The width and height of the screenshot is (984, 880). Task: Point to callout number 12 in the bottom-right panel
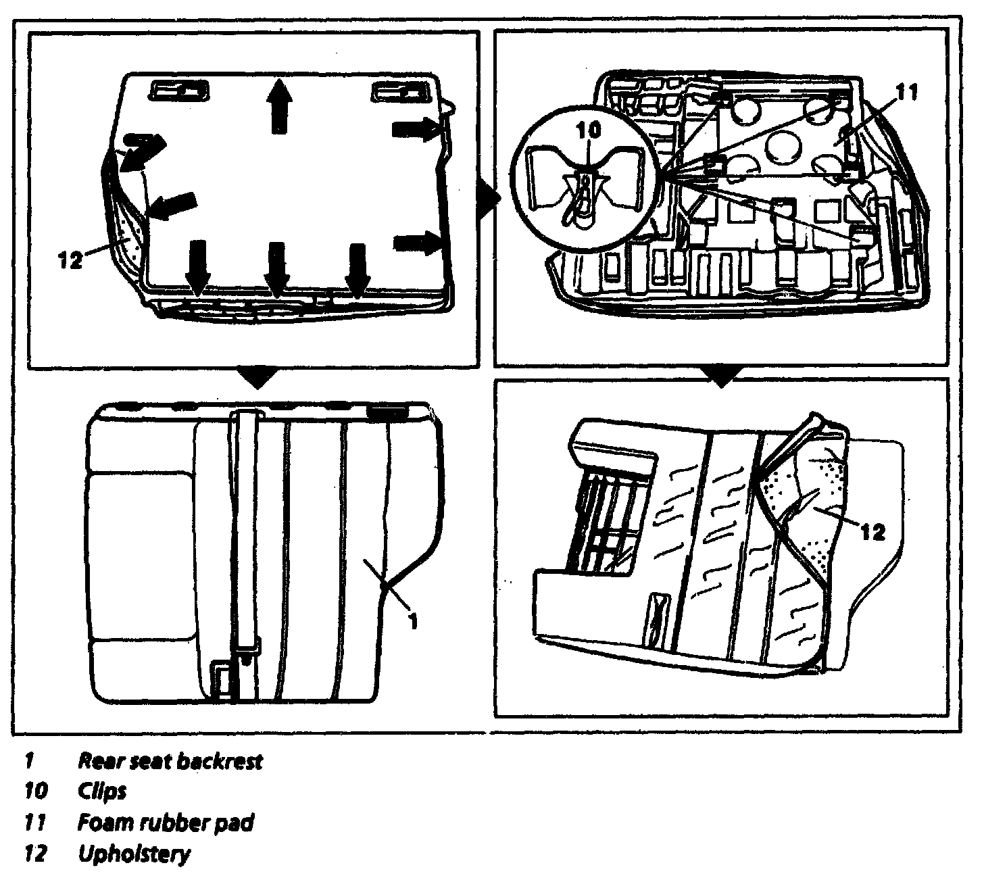pos(872,532)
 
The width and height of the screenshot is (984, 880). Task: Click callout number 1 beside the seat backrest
pos(413,620)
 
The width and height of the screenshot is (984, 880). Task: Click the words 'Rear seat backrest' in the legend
pos(170,761)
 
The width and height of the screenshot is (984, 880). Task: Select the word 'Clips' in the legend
pos(102,791)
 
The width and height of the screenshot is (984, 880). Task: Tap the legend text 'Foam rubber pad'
pos(166,823)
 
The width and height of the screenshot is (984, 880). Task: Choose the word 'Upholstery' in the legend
pos(134,854)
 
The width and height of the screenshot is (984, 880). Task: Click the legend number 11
pos(34,823)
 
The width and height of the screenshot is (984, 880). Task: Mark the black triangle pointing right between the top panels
pos(488,197)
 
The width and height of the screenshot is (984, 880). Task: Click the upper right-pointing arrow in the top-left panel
pos(416,128)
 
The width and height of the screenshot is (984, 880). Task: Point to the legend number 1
pos(29,761)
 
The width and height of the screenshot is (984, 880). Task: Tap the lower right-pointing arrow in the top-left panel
pos(416,242)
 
